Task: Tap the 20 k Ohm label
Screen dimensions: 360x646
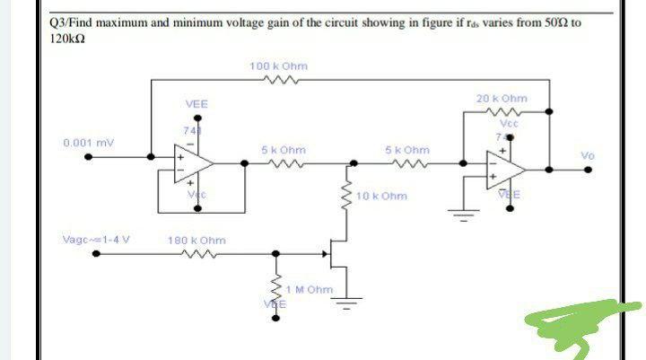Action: click(502, 98)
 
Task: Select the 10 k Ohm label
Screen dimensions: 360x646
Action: click(381, 196)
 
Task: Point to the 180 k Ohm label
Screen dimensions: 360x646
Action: click(196, 241)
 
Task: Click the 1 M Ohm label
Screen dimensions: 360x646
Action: click(309, 290)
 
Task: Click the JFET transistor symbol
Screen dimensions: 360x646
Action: click(338, 253)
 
